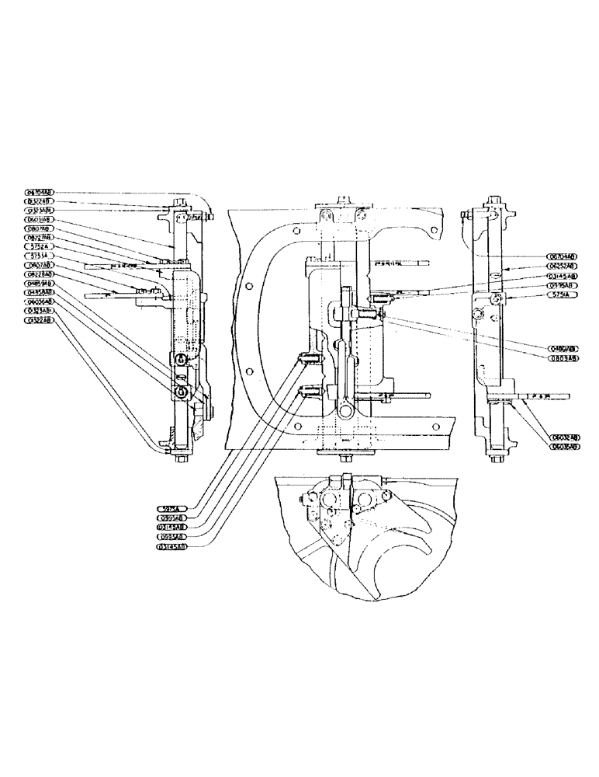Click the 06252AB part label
[x=560, y=266]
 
